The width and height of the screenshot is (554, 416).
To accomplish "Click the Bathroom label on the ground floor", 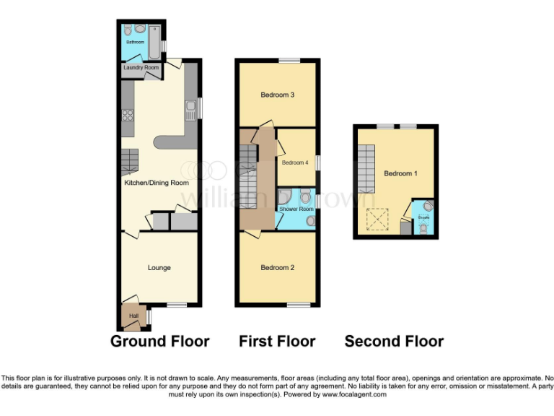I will [135, 43].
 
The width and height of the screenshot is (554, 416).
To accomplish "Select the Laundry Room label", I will [141, 68].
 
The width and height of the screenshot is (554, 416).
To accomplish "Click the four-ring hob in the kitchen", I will [128, 116].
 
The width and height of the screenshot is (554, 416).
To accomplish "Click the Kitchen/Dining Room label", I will [151, 183].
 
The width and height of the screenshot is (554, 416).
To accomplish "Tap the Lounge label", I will [159, 268].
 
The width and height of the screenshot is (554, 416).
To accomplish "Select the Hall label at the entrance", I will [133, 316].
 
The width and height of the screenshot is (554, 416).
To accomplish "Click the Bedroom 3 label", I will [277, 95].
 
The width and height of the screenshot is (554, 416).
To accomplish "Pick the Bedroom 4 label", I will [295, 162].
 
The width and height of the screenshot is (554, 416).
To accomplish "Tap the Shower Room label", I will [296, 209].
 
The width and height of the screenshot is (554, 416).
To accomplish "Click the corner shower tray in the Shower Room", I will [283, 196].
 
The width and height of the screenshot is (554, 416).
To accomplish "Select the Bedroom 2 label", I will [277, 268].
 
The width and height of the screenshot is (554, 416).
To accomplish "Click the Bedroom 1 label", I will [398, 173].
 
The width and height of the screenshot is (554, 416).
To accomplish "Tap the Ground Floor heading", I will [159, 342].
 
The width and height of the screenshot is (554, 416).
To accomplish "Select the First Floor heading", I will [277, 342].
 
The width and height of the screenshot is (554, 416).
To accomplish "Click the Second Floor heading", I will [394, 342].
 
